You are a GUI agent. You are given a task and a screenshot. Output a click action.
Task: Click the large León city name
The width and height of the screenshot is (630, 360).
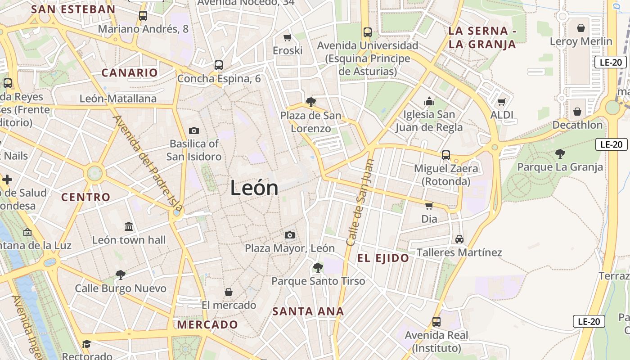(x=254, y=188)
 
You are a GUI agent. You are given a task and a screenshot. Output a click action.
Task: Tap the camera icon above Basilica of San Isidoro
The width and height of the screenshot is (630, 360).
(x=194, y=130)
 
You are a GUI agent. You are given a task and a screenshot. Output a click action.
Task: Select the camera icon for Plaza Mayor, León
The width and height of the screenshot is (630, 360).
(x=290, y=235)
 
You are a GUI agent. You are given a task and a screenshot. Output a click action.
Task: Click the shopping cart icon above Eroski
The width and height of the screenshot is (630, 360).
(x=287, y=37)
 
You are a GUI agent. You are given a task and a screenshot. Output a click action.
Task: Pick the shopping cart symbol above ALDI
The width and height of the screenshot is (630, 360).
(x=502, y=102)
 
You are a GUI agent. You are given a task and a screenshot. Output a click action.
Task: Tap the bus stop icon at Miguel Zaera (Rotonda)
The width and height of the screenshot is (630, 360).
(x=445, y=155)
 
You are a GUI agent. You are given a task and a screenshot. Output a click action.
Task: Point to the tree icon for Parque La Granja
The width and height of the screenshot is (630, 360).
(x=560, y=154)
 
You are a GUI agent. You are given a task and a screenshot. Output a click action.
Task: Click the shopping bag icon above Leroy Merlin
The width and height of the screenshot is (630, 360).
(x=581, y=28)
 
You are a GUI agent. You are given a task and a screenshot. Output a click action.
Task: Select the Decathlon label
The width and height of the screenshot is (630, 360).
(x=577, y=125)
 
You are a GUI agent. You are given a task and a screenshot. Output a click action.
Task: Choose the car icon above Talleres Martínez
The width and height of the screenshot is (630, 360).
(x=459, y=239)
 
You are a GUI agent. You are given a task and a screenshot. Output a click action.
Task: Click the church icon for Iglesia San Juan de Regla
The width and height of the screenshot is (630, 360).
(x=429, y=101)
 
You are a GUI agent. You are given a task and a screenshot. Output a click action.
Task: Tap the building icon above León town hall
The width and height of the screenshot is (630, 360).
(x=129, y=226)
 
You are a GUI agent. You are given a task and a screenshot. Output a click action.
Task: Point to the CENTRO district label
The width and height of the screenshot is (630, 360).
(x=85, y=197)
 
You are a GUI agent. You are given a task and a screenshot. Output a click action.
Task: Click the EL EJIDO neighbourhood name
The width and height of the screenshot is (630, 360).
(x=383, y=258)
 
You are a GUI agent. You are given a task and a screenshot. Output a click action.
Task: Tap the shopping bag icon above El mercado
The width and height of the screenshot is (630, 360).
(x=229, y=292)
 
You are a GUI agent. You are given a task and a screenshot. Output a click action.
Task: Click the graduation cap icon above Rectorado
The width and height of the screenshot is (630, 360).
(x=86, y=344)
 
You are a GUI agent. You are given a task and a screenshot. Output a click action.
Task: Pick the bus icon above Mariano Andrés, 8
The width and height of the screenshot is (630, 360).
(x=143, y=16)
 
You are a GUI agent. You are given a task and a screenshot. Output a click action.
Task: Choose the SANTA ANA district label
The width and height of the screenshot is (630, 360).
(x=308, y=311)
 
